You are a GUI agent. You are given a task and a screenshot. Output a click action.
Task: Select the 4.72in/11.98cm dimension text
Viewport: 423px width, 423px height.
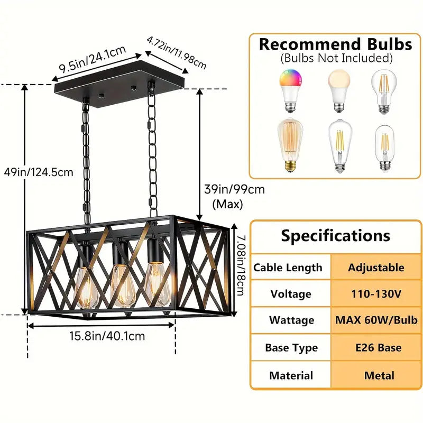coord(177,53)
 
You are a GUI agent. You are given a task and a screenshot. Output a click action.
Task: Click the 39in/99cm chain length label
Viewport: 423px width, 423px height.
coord(234,189)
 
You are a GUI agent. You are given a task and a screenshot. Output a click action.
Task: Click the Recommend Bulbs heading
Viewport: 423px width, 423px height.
coord(335,44)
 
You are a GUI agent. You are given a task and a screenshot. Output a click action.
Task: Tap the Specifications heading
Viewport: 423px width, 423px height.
coord(336,235)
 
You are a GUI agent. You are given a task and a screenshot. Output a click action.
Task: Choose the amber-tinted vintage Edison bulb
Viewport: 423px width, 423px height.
coord(289,145)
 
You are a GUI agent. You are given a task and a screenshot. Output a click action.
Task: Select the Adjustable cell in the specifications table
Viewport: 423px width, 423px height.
coord(376,268)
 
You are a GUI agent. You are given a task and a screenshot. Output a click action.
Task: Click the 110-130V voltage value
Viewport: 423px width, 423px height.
coord(376,294)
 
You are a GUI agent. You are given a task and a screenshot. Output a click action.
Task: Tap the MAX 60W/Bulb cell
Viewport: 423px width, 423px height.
coord(376,320)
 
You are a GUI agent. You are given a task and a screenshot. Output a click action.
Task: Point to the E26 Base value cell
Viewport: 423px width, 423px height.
coord(376,348)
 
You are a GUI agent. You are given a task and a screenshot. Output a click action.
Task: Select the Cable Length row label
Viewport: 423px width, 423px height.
coord(288,268)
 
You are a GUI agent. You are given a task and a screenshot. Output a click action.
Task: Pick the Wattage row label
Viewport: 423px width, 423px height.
coord(291,320)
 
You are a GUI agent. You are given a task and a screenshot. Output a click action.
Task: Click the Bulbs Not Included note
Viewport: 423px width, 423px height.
coord(336,58)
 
